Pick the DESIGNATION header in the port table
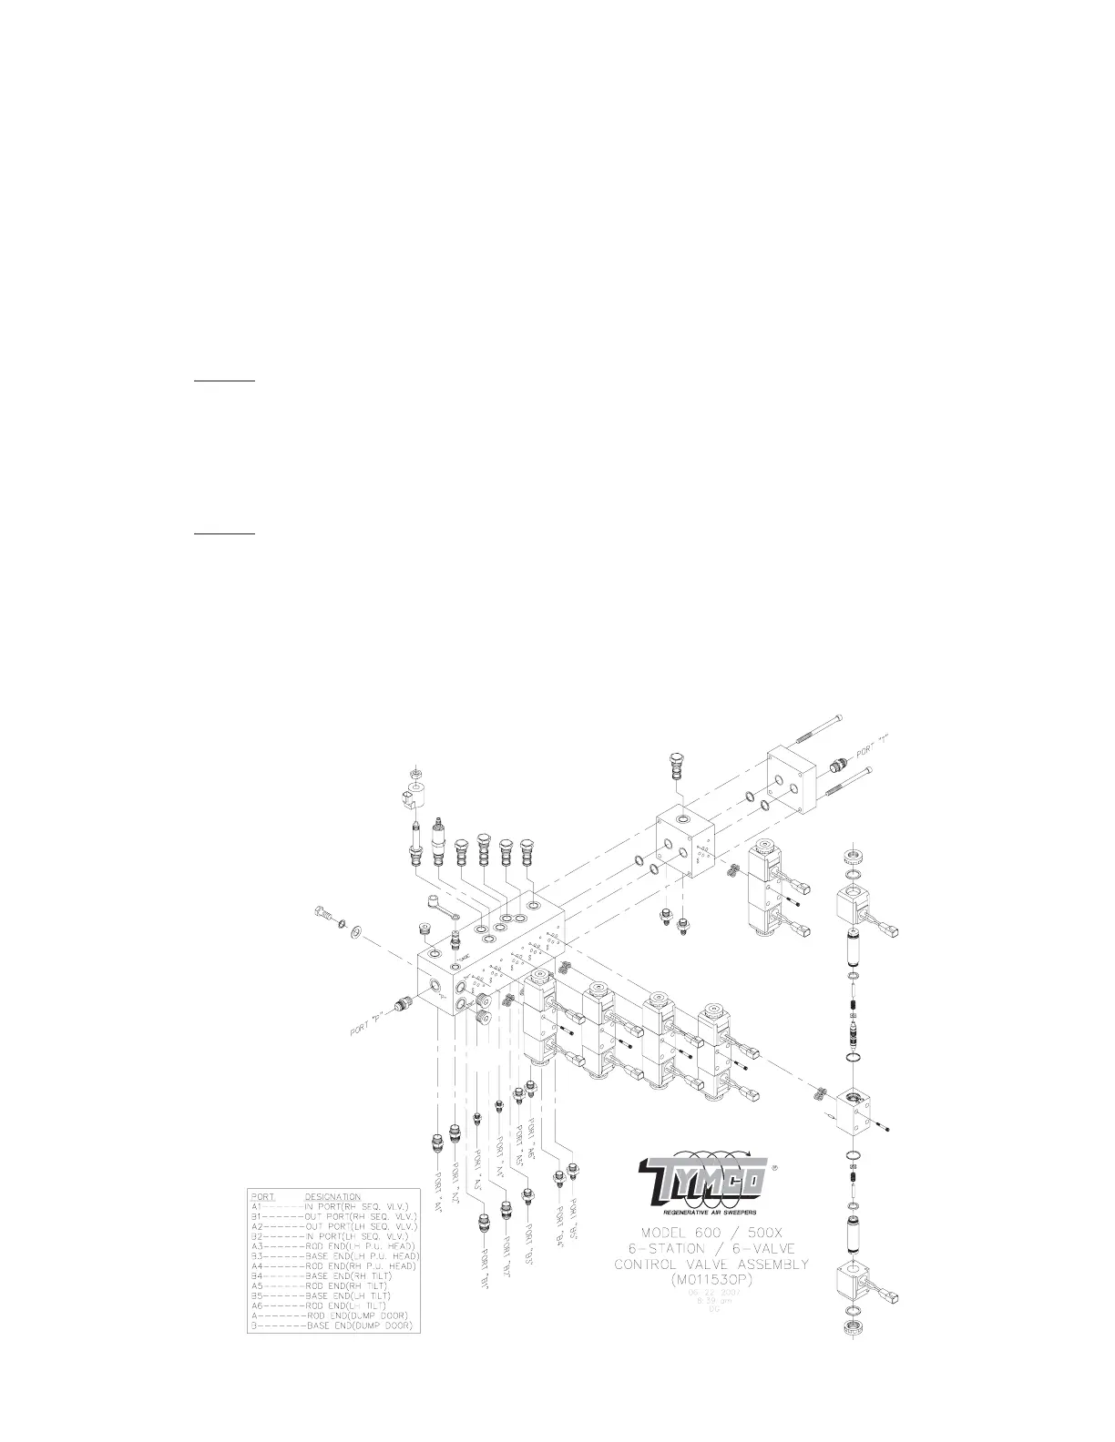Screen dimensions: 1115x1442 pos(332,1196)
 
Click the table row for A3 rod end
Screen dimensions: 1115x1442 pos(333,1245)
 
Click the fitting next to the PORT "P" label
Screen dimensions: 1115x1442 pos(401,1005)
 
